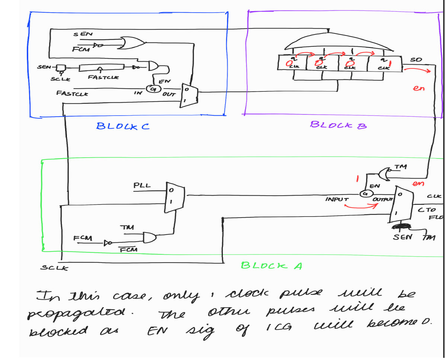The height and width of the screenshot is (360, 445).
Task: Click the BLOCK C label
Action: coord(123,126)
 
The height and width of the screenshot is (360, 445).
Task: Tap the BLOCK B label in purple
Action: coord(338,125)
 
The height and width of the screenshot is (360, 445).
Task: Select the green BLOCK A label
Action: coord(272,266)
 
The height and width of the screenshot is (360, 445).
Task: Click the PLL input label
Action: coord(142,185)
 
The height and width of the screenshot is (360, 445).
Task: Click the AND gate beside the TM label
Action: coord(150,237)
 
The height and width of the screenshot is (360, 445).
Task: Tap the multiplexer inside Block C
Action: coord(189,95)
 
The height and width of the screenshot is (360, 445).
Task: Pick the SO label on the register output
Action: coord(416,60)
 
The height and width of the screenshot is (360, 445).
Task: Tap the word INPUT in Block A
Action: coord(337,200)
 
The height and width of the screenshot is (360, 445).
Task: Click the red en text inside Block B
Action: coord(419,89)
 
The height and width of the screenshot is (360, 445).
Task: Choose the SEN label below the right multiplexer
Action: coord(402,237)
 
